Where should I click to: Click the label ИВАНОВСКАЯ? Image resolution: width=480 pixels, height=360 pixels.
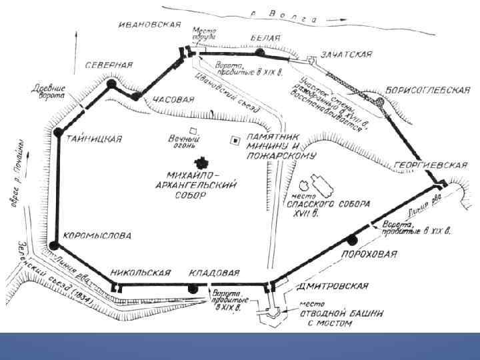[x=149, y=25]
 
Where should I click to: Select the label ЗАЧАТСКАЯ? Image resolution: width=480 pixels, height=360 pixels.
[x=345, y=53]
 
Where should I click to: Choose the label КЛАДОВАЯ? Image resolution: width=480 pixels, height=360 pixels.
[x=213, y=273]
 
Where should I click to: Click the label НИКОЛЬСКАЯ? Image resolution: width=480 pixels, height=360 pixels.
[x=141, y=273]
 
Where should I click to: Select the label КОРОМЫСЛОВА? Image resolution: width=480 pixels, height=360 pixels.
[x=97, y=236]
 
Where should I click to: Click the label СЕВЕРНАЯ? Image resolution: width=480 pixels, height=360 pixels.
[x=109, y=65]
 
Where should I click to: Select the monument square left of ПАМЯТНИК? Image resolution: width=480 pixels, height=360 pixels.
[x=234, y=141]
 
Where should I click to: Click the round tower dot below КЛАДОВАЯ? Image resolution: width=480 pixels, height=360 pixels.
[x=193, y=288]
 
